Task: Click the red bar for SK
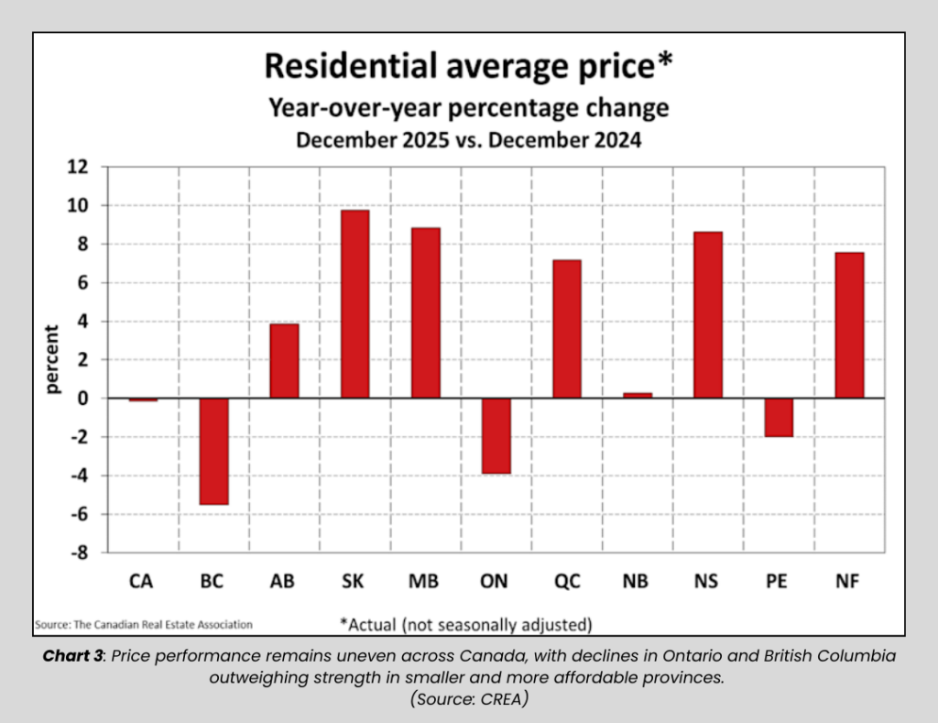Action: coord(354,304)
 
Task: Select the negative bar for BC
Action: coord(213,451)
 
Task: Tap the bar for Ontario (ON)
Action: coord(496,435)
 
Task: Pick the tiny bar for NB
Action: coord(637,395)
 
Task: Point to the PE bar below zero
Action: coord(779,417)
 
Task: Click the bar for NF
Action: coord(849,325)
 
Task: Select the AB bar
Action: coord(284,361)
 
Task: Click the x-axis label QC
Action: coord(566,581)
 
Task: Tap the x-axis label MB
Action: coord(425,581)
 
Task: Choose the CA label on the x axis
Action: coord(143,581)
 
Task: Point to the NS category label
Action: coord(707,581)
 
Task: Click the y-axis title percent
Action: coord(53,359)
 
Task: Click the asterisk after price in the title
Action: coord(667,60)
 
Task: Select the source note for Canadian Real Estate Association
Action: coord(143,624)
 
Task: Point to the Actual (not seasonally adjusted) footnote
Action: coord(466,624)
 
